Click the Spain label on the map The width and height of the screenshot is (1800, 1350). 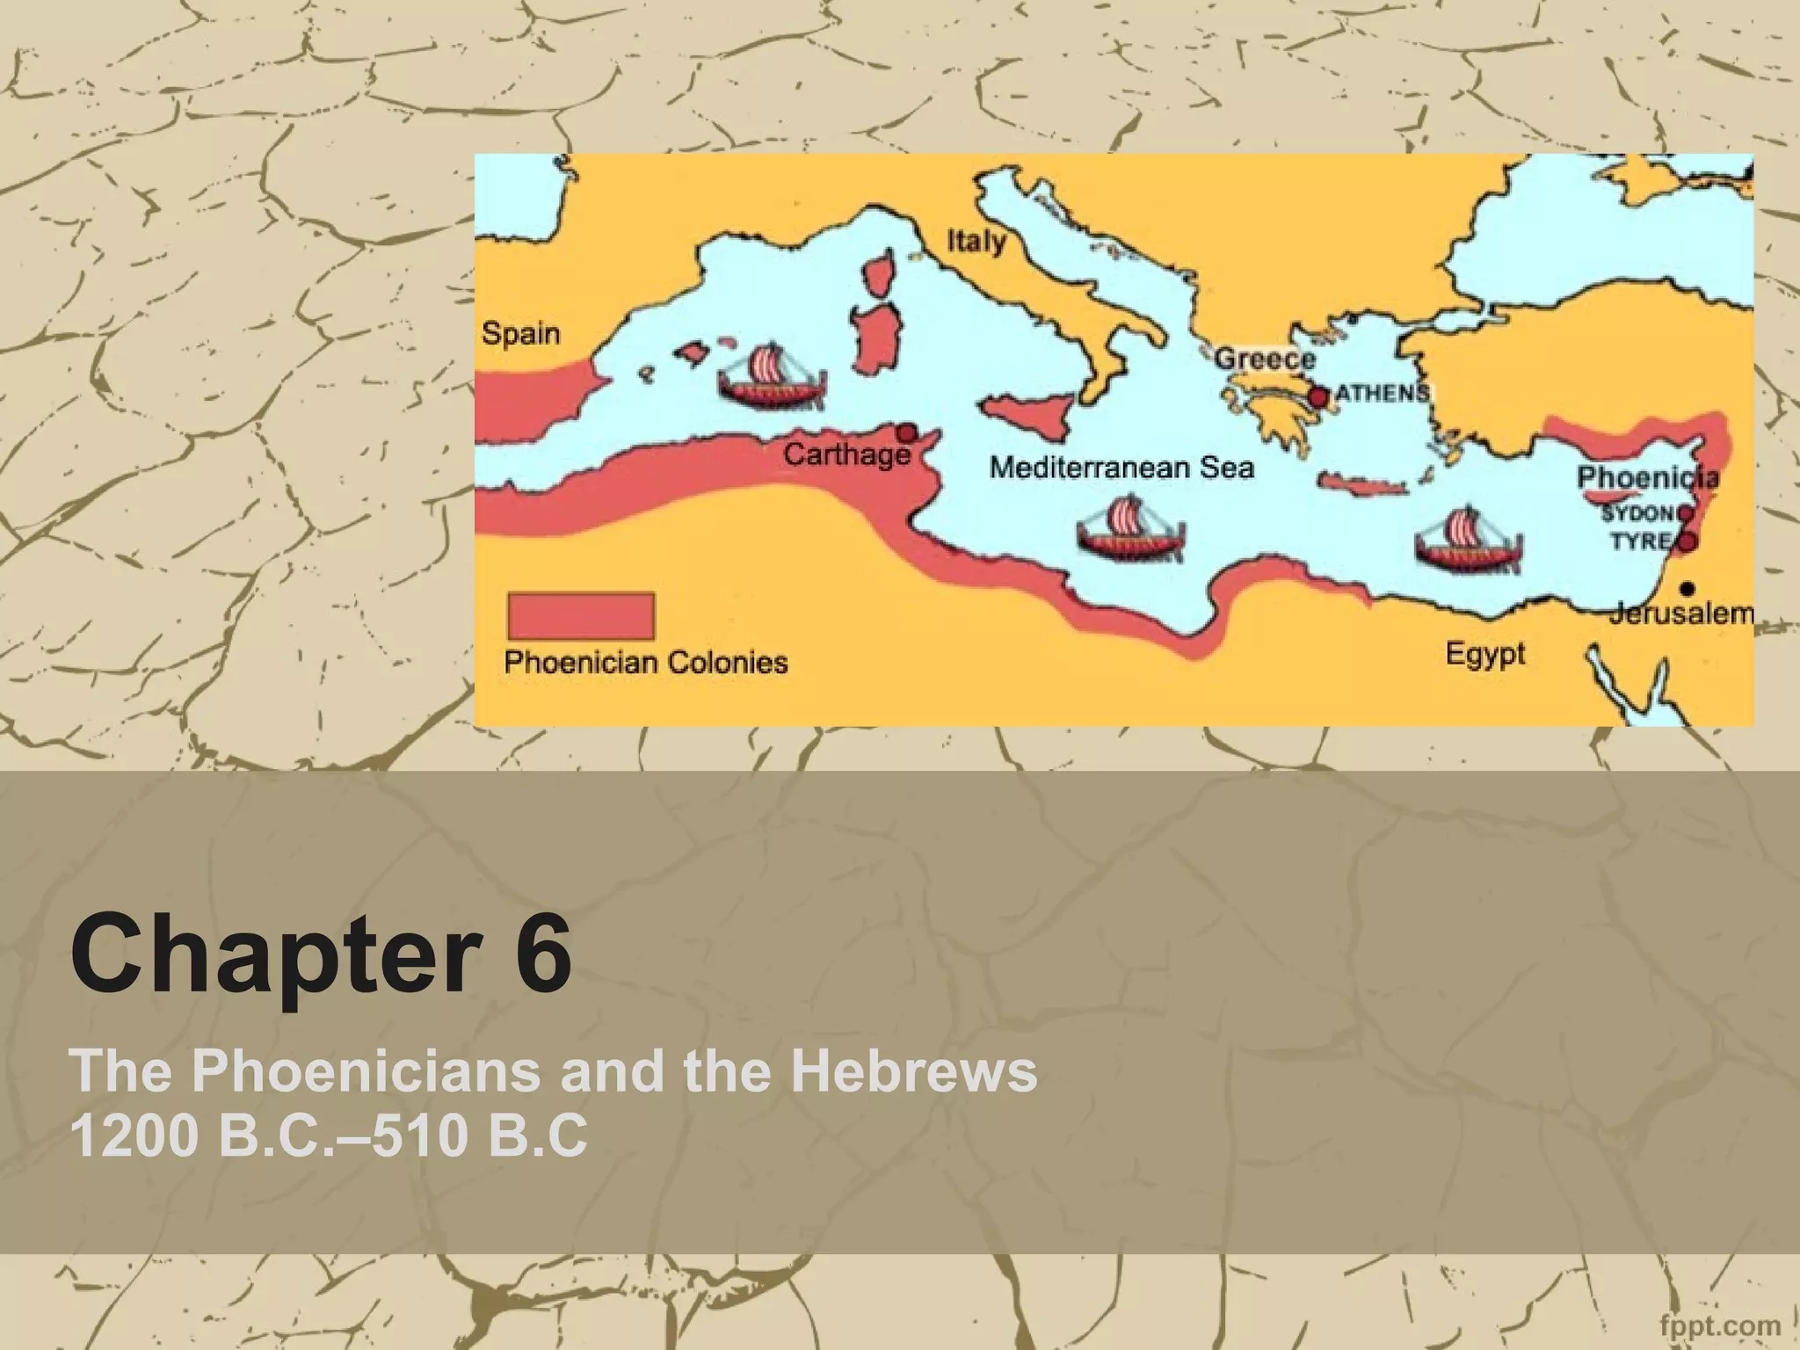tap(521, 335)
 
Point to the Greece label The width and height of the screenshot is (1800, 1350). tap(1265, 359)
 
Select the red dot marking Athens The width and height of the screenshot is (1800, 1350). tap(1318, 397)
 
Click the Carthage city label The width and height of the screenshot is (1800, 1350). tap(846, 455)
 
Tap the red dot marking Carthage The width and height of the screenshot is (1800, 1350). tap(905, 432)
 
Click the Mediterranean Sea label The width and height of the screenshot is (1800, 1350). tap(1121, 468)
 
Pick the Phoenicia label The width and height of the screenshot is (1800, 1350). tap(1647, 478)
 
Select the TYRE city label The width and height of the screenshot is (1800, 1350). tap(1640, 541)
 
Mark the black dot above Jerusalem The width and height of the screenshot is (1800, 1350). tap(1687, 588)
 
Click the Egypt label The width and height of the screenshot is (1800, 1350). tap(1485, 655)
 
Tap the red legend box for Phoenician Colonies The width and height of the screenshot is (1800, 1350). tap(581, 616)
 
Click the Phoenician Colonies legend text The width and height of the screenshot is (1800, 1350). tap(646, 662)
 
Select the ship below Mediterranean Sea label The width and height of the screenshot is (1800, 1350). tap(1130, 530)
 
